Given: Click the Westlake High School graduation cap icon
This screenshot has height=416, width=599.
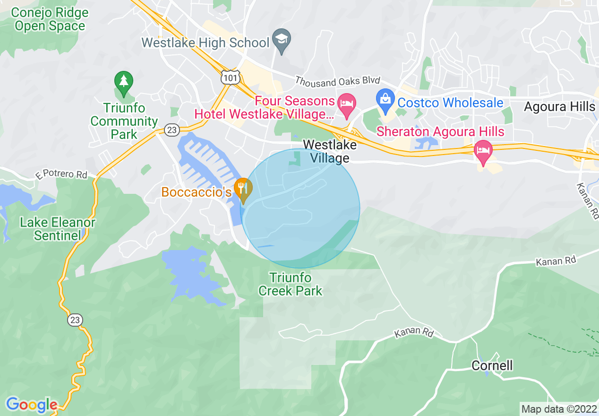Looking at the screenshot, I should [x=282, y=41].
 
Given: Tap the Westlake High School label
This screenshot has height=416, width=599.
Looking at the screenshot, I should [x=205, y=43].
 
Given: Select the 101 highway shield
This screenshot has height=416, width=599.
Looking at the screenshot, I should [x=231, y=77].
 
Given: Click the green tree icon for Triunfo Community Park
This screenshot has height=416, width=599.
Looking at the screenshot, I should [x=124, y=81].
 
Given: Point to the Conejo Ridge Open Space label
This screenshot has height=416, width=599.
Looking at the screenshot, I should [x=50, y=19].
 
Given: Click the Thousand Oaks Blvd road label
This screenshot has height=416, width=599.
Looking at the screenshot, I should [x=337, y=81].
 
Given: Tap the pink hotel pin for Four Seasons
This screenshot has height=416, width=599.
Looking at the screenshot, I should [x=348, y=105].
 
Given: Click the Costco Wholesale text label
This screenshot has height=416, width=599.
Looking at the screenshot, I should [x=450, y=103].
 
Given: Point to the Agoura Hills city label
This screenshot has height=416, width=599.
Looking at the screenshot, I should [x=559, y=106].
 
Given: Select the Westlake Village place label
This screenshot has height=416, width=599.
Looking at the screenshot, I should [x=330, y=151].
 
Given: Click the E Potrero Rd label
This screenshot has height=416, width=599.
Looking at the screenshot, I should [x=61, y=174].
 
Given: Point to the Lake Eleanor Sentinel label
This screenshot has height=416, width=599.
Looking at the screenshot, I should [x=58, y=229].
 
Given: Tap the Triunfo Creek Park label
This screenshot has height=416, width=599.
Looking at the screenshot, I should [x=290, y=284].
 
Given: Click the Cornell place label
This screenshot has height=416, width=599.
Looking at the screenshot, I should [x=492, y=365].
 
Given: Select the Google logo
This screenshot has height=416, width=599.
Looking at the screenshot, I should [x=32, y=405].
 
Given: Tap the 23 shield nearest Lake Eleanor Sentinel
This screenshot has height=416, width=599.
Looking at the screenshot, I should [x=75, y=320].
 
